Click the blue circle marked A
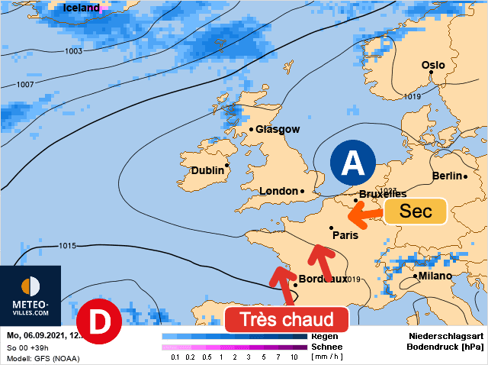click(352, 163)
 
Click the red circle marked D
click(100, 322)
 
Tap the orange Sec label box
click(416, 212)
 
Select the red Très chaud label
click(287, 319)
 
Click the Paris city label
click(345, 235)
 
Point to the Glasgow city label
click(278, 130)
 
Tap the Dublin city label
click(207, 171)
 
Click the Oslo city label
click(433, 66)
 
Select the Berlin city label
click(448, 176)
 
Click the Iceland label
click(81, 8)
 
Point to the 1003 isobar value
click(73, 51)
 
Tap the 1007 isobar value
click(25, 84)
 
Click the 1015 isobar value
click(68, 246)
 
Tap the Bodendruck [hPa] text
click(445, 346)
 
